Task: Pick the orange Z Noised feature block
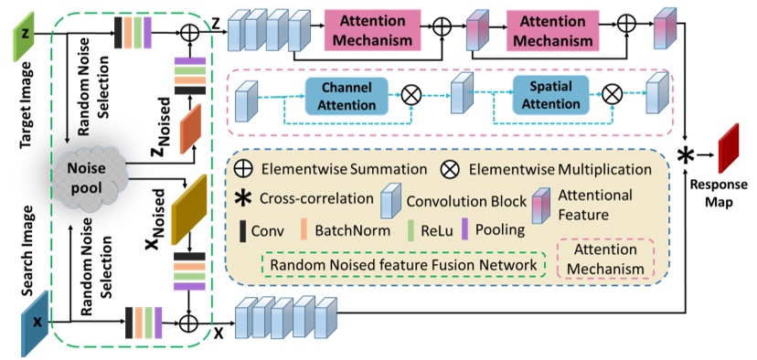click(190, 130)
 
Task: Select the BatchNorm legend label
click(348, 229)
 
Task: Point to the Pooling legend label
click(494, 229)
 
